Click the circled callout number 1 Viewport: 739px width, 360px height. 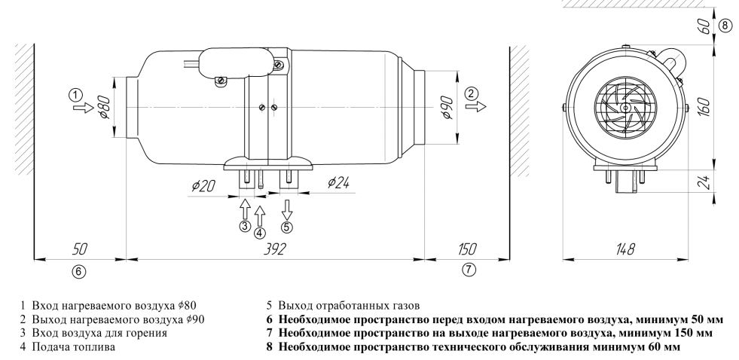[74, 95]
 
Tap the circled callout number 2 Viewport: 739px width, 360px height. [471, 93]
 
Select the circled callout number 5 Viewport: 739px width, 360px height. [287, 226]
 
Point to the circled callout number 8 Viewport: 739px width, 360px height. [725, 25]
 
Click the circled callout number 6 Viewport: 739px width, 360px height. [80, 270]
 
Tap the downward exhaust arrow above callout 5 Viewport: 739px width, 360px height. [287, 208]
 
